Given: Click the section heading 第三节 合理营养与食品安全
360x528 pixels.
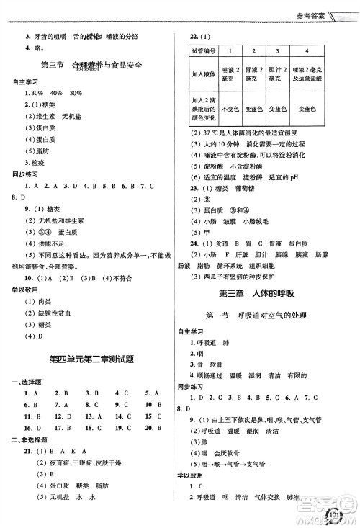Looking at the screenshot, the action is [91, 66].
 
